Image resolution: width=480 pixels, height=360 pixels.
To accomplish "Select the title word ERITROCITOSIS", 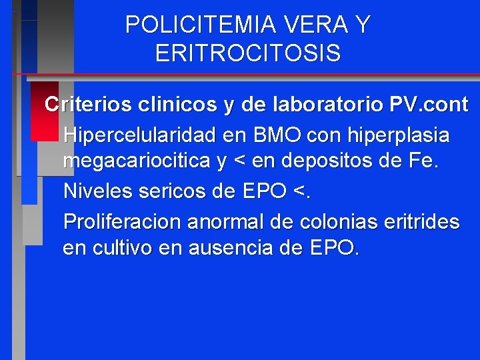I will pyautogui.click(x=247, y=53).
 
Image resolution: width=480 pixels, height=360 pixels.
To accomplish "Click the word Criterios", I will pyautogui.click(x=85, y=105).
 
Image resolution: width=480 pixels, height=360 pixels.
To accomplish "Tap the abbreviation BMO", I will pyautogui.click(x=277, y=135).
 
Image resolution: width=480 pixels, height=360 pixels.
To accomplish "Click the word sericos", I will pyautogui.click(x=169, y=191).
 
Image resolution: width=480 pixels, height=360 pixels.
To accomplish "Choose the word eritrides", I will pyautogui.click(x=420, y=221).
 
